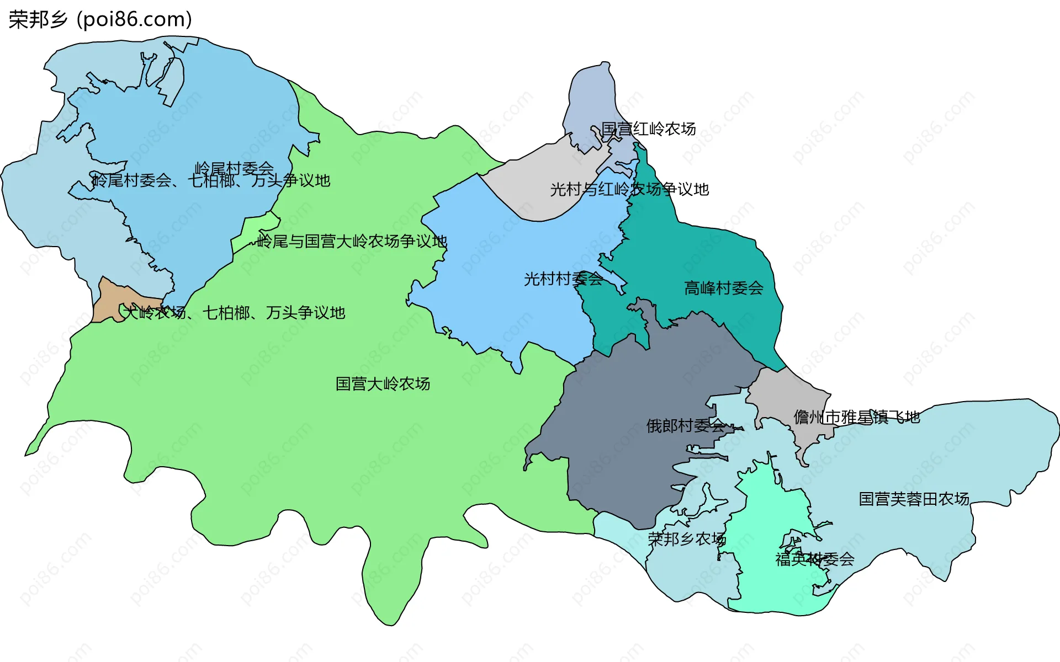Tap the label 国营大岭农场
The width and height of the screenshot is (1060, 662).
383,384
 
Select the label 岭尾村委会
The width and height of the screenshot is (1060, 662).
234,168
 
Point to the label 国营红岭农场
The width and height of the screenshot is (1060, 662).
648,129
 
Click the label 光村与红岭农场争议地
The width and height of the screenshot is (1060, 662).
629,190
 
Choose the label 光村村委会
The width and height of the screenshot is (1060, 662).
563,279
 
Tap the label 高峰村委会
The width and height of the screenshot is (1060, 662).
724,288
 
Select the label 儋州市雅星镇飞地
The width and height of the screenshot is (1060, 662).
856,418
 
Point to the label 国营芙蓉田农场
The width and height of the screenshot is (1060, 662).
914,499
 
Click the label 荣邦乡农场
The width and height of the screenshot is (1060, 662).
687,539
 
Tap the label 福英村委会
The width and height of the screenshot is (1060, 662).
815,560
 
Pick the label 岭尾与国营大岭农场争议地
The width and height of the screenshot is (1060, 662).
352,242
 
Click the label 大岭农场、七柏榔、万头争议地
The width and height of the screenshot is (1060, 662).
234,313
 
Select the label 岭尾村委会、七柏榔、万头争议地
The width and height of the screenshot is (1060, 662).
210,181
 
